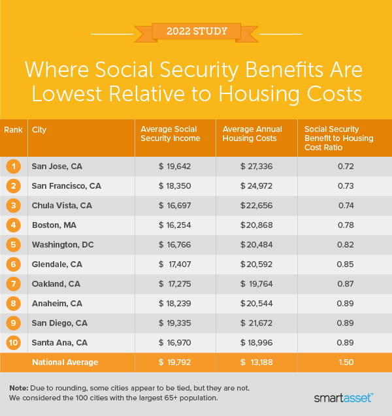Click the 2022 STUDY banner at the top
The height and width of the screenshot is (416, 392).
pyautogui.click(x=196, y=31)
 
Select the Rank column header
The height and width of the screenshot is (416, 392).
pyautogui.click(x=13, y=129)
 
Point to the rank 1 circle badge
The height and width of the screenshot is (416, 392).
pyautogui.click(x=13, y=167)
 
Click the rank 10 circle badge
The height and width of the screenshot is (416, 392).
pyautogui.click(x=13, y=343)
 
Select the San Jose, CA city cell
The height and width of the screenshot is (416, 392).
pyautogui.click(x=58, y=167)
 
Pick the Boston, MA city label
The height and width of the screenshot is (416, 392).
pyautogui.click(x=54, y=225)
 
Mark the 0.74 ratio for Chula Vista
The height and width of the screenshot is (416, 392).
pyautogui.click(x=345, y=206)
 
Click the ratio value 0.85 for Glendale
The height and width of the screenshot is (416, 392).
pyautogui.click(x=345, y=264)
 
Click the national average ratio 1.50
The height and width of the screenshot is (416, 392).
pyautogui.click(x=345, y=362)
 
